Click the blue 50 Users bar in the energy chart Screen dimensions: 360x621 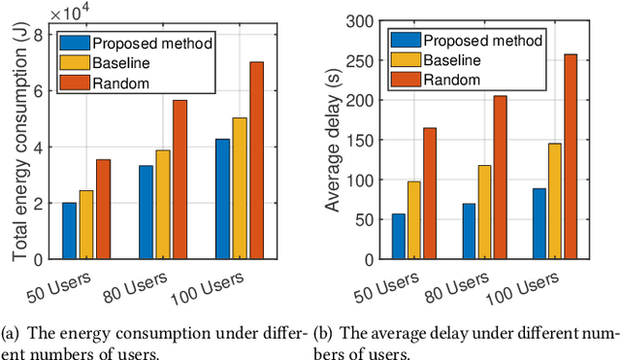69,231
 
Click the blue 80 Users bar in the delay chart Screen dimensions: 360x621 469,232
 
